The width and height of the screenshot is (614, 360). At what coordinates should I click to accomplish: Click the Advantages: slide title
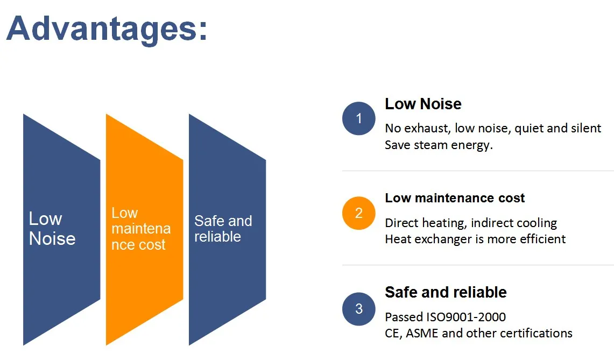(107, 30)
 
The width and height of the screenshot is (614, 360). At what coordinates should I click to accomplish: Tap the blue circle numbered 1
(359, 118)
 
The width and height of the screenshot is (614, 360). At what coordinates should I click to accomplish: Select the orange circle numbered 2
(359, 213)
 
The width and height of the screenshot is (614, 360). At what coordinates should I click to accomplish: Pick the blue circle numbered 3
(359, 309)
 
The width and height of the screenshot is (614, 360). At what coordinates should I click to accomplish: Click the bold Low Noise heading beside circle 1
(423, 104)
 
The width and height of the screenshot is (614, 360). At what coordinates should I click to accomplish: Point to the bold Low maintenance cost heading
(455, 198)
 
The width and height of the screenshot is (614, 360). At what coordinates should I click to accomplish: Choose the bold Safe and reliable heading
(446, 292)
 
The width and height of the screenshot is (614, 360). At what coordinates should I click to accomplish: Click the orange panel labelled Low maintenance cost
(145, 229)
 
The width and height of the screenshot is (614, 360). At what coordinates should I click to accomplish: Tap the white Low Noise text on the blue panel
(52, 228)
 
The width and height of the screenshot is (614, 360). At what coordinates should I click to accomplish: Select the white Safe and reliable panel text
(223, 229)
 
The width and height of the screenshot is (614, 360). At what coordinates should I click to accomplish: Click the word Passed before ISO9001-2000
(404, 316)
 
